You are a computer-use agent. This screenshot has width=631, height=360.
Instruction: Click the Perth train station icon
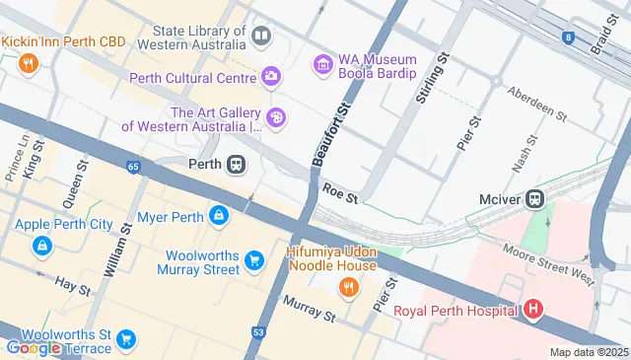click(236, 165)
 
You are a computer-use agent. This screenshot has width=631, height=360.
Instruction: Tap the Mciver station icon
click(535, 198)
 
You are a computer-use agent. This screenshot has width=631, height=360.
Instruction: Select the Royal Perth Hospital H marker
click(533, 311)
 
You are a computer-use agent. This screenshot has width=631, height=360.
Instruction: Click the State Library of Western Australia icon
click(261, 37)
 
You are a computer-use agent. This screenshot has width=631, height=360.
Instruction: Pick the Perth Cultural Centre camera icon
click(271, 77)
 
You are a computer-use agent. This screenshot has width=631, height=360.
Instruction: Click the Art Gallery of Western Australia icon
click(277, 118)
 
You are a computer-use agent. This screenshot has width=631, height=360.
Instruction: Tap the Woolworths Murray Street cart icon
click(254, 260)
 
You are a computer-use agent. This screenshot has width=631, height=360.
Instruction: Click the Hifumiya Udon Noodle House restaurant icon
click(347, 287)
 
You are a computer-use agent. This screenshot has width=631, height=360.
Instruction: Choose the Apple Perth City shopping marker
click(40, 245)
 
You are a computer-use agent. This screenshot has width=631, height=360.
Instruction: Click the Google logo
click(32, 347)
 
